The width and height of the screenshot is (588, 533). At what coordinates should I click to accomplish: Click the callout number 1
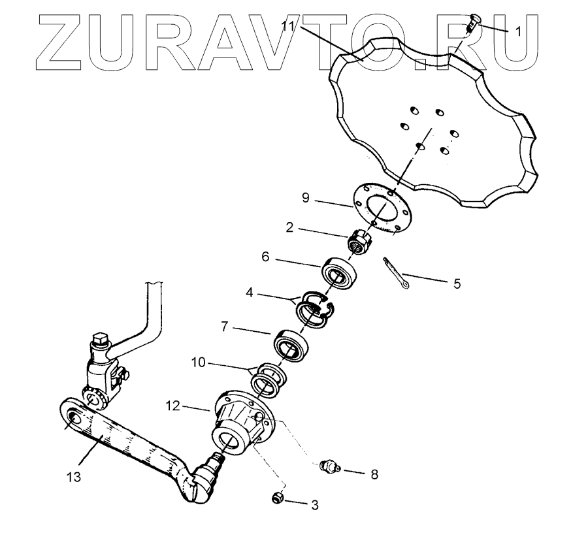(518, 31)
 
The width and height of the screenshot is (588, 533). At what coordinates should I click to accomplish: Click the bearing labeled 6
(340, 273)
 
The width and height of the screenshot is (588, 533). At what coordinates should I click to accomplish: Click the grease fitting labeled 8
(327, 466)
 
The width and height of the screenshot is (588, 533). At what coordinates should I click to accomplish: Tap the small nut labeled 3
(278, 498)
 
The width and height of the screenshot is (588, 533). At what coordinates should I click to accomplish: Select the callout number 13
(74, 477)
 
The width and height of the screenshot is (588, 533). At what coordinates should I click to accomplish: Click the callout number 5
(457, 284)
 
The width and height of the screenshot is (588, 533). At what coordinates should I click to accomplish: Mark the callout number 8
(374, 474)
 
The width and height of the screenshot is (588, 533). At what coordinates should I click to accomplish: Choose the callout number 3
(314, 505)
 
